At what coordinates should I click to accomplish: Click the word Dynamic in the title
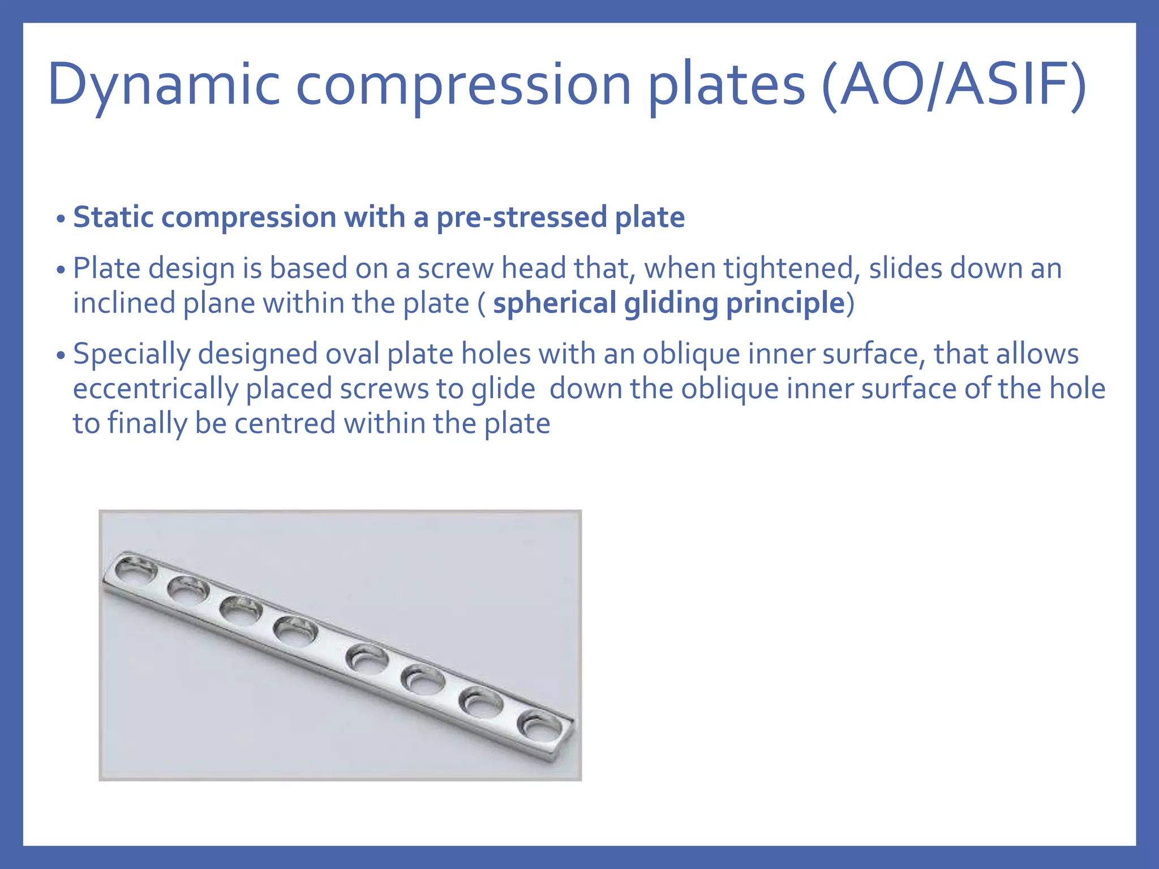[x=164, y=85]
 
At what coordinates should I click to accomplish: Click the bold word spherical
[x=554, y=303]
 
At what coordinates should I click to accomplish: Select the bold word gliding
[x=671, y=303]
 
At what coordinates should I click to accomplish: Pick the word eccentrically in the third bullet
[x=156, y=389]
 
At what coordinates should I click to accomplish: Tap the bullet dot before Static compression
[x=61, y=219]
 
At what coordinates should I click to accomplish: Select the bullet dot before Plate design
[x=61, y=270]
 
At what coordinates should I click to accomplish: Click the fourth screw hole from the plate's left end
[x=295, y=631]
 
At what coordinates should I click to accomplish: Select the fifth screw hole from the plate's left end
[x=368, y=660]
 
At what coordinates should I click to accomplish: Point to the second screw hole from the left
[x=188, y=590]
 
